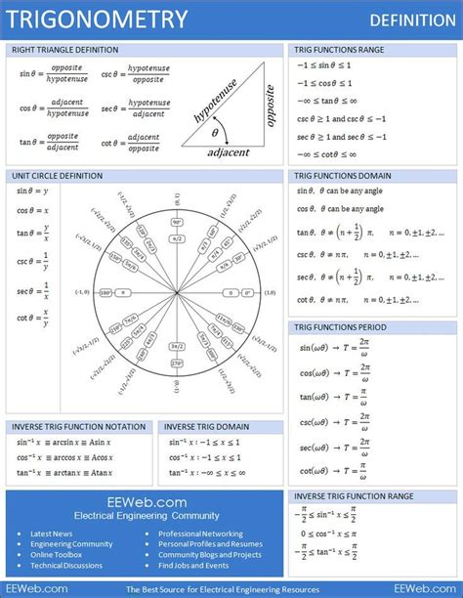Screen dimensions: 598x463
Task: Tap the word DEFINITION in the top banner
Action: click(410, 21)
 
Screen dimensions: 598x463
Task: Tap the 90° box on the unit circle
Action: click(177, 222)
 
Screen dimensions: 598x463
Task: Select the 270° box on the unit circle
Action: click(177, 363)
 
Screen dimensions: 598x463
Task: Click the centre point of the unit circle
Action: click(177, 292)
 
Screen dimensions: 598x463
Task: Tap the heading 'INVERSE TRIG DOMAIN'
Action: click(206, 427)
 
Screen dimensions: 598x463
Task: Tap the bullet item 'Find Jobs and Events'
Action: click(193, 566)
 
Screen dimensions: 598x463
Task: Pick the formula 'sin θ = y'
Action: click(33, 191)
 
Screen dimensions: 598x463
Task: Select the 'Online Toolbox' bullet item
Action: click(58, 555)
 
